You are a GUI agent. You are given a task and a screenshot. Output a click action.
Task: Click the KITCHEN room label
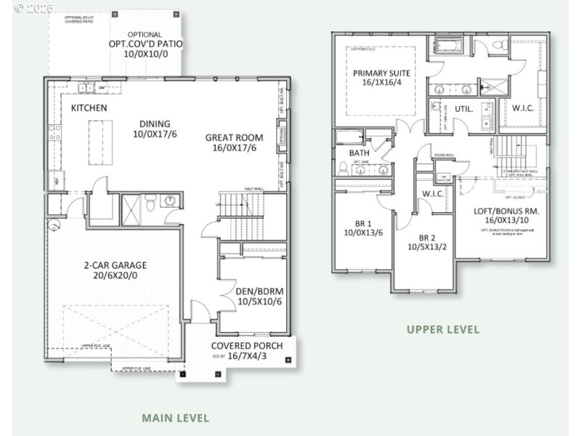[x=89, y=108]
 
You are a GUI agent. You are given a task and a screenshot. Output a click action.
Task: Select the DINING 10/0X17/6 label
[x=155, y=129]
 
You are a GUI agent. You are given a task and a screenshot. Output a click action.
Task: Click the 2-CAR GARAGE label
[x=114, y=270]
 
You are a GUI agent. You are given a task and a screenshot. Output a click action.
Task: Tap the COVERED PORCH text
[x=246, y=350]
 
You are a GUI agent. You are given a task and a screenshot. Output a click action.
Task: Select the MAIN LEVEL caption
[x=175, y=418]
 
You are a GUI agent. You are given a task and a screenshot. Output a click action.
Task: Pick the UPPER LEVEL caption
[x=442, y=329]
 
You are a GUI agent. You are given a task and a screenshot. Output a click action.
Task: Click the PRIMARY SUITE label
[x=381, y=78]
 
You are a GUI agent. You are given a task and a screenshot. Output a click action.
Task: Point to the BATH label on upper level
[x=359, y=153]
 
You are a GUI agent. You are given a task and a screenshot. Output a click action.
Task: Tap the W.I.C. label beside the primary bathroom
[x=523, y=109]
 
